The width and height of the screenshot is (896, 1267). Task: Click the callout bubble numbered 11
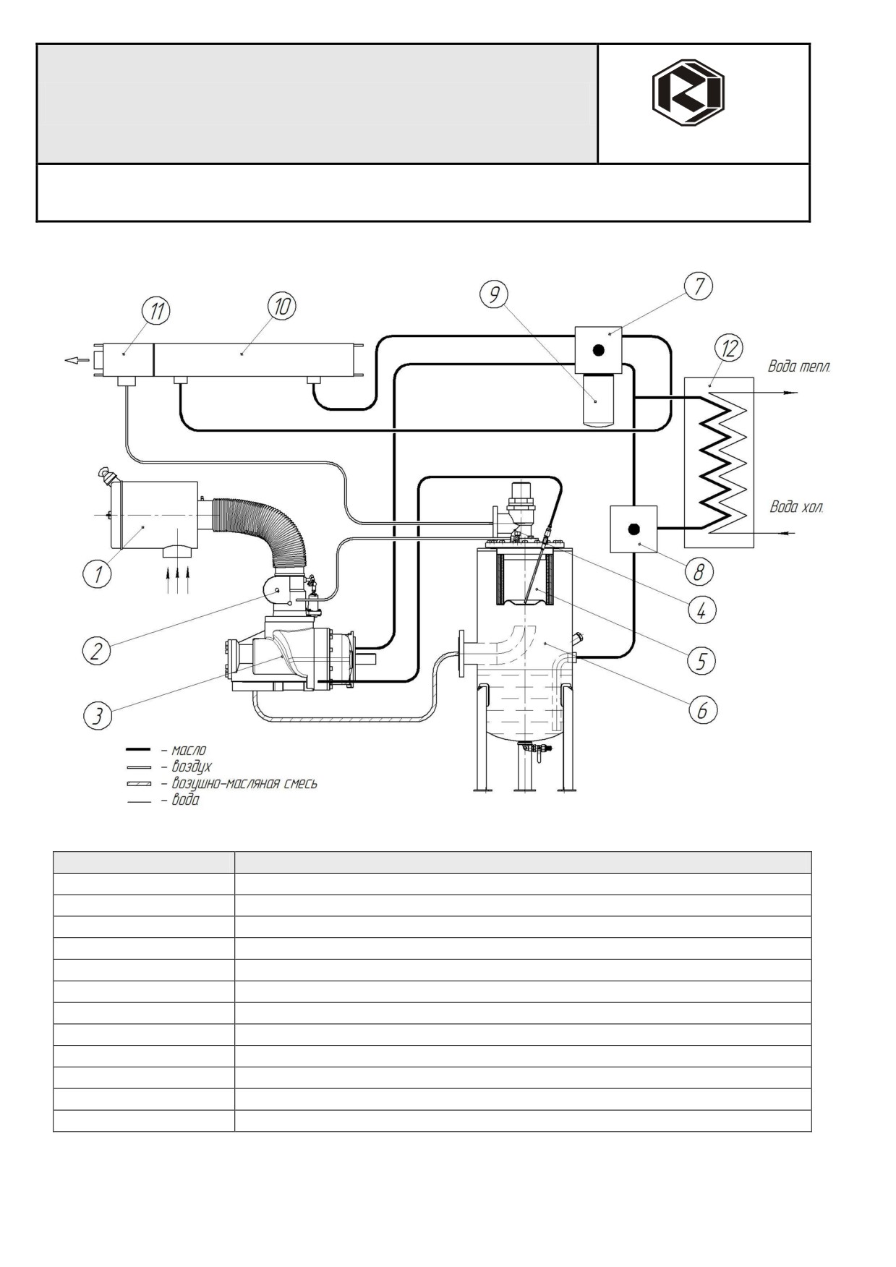coord(156,312)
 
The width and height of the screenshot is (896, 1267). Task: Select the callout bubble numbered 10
coord(281,307)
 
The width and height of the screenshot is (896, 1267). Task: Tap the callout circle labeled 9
coord(494,294)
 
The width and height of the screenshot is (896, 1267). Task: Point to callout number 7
coord(699,286)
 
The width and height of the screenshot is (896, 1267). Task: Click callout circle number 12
coord(729,349)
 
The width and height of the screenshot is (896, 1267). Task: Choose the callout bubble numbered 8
coord(699,572)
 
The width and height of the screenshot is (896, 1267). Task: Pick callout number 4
coord(701,610)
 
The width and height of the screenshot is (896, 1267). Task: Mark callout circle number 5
coord(701,660)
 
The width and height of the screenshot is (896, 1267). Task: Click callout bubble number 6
coord(702,710)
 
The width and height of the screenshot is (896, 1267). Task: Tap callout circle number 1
coord(97,575)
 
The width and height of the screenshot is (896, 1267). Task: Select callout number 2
coord(95,652)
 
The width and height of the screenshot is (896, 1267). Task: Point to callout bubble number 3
coord(97,716)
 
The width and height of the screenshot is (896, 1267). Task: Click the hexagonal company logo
coord(688,93)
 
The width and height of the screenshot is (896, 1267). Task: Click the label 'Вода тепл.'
coord(799,367)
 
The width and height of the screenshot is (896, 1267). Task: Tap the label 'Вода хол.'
coord(796,507)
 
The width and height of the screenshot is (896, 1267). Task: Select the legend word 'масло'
coord(189,750)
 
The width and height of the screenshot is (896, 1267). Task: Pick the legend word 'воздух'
coord(192,767)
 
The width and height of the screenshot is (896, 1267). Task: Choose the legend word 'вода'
coord(185,800)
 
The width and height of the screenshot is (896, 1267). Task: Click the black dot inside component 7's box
coord(598,350)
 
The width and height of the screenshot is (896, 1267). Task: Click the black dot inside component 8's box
coord(633,529)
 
